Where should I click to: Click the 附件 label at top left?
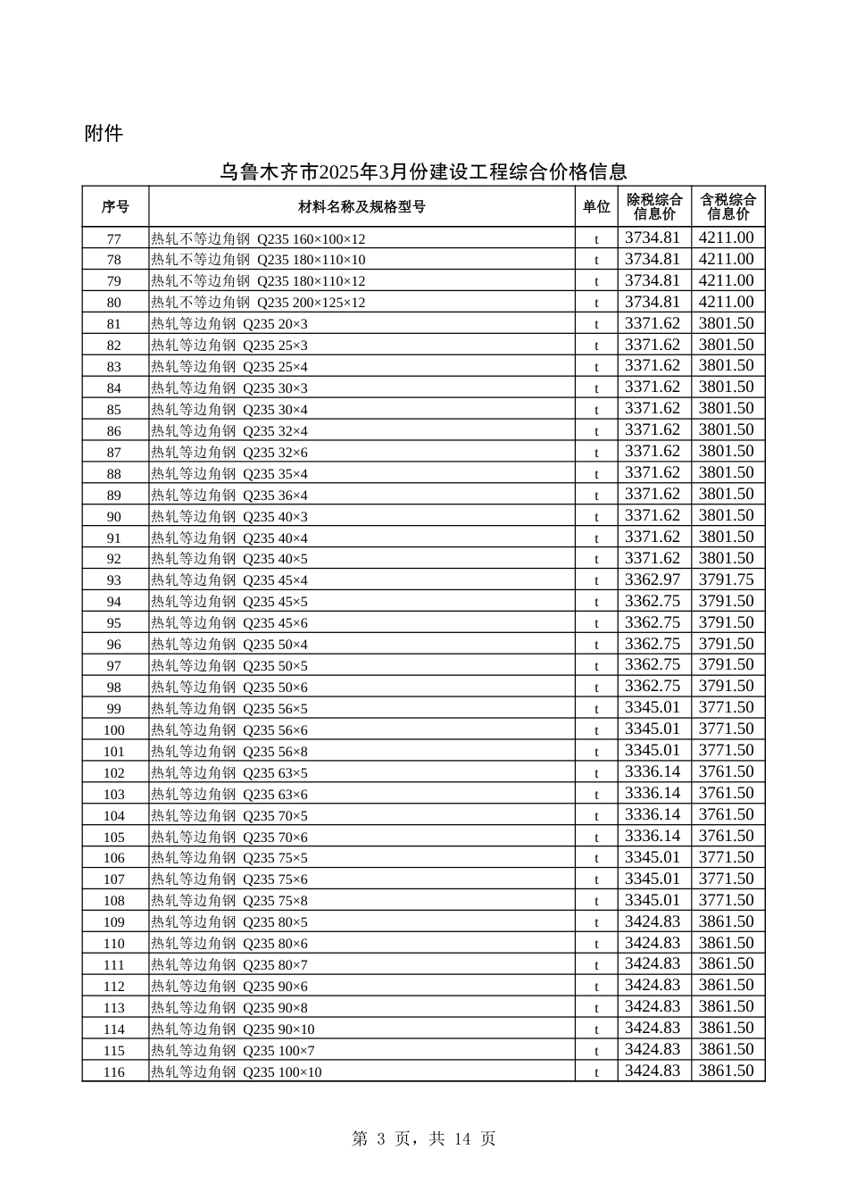click(104, 134)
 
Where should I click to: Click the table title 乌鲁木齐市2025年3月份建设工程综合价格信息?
click(423, 171)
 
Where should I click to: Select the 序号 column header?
click(115, 207)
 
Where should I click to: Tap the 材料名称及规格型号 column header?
click(362, 207)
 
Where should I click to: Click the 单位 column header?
click(596, 207)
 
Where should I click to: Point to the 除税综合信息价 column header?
click(654, 207)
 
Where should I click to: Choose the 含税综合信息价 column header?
click(727, 207)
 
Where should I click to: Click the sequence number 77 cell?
click(114, 239)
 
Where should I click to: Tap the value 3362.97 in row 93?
click(653, 579)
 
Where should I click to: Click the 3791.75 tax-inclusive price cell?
click(727, 579)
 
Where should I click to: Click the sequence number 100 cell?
click(114, 730)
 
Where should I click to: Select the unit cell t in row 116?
click(596, 1072)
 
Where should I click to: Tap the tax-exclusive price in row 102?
click(653, 772)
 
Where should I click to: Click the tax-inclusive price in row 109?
click(727, 921)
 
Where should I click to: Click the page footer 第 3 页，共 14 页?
click(424, 1138)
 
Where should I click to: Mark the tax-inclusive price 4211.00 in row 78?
click(727, 260)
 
